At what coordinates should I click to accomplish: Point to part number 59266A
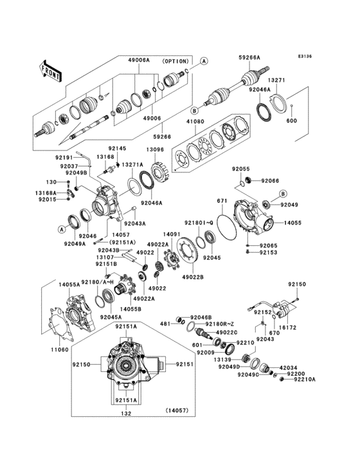point(251,57)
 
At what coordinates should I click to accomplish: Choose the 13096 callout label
point(154,150)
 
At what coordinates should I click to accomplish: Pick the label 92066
point(271,180)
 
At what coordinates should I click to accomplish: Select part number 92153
point(268,253)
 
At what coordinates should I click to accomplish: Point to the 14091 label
point(171,234)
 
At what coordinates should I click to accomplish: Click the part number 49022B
point(192,277)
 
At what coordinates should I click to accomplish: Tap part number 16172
point(289,328)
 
